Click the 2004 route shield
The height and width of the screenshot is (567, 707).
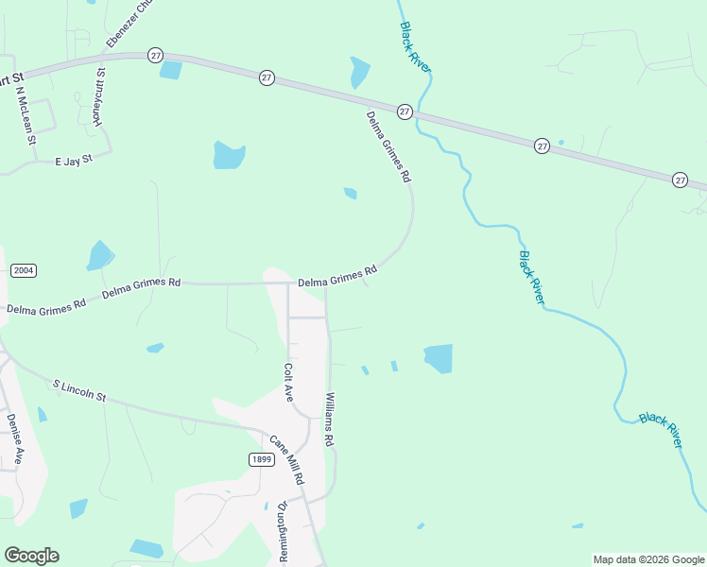24,270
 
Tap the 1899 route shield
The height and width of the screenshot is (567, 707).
262,459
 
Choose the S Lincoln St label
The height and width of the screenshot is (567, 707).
81,391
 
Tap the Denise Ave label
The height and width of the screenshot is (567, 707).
14,436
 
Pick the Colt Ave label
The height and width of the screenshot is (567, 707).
289,383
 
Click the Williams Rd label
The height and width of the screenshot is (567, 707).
330,420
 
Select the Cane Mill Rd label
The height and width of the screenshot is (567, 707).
286,459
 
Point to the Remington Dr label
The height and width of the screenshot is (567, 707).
282,532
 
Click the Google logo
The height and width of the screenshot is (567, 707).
31,556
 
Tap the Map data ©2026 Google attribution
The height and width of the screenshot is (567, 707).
648,559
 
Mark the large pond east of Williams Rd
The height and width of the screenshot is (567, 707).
439,358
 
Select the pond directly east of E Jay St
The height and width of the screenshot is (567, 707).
229,155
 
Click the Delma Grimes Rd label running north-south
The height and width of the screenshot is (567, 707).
389,147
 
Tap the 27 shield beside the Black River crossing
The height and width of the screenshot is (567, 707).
405,112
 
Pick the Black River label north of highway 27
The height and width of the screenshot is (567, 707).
415,43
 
